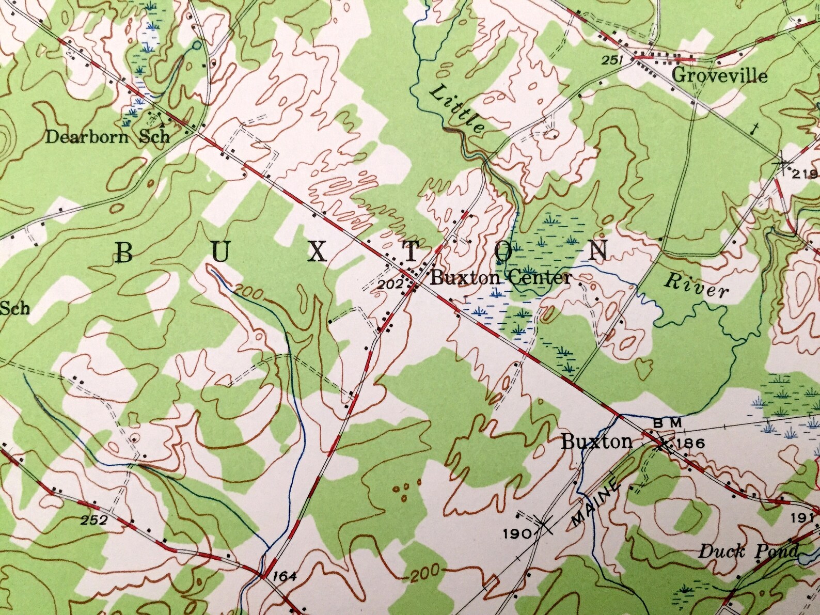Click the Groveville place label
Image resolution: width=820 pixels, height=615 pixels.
tap(720, 76)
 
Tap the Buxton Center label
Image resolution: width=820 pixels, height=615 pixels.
tap(500, 278)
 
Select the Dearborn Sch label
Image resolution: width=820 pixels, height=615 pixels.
tap(107, 137)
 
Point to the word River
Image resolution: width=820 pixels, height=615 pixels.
tap(697, 286)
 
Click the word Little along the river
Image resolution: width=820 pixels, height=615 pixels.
tap(458, 109)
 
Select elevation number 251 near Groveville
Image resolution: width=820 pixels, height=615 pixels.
tap(611, 61)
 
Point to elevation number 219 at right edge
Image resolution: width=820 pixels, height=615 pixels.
tap(806, 174)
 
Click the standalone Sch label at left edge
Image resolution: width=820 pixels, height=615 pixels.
tap(15, 309)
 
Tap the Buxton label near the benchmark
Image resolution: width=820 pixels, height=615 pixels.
tap(596, 442)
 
